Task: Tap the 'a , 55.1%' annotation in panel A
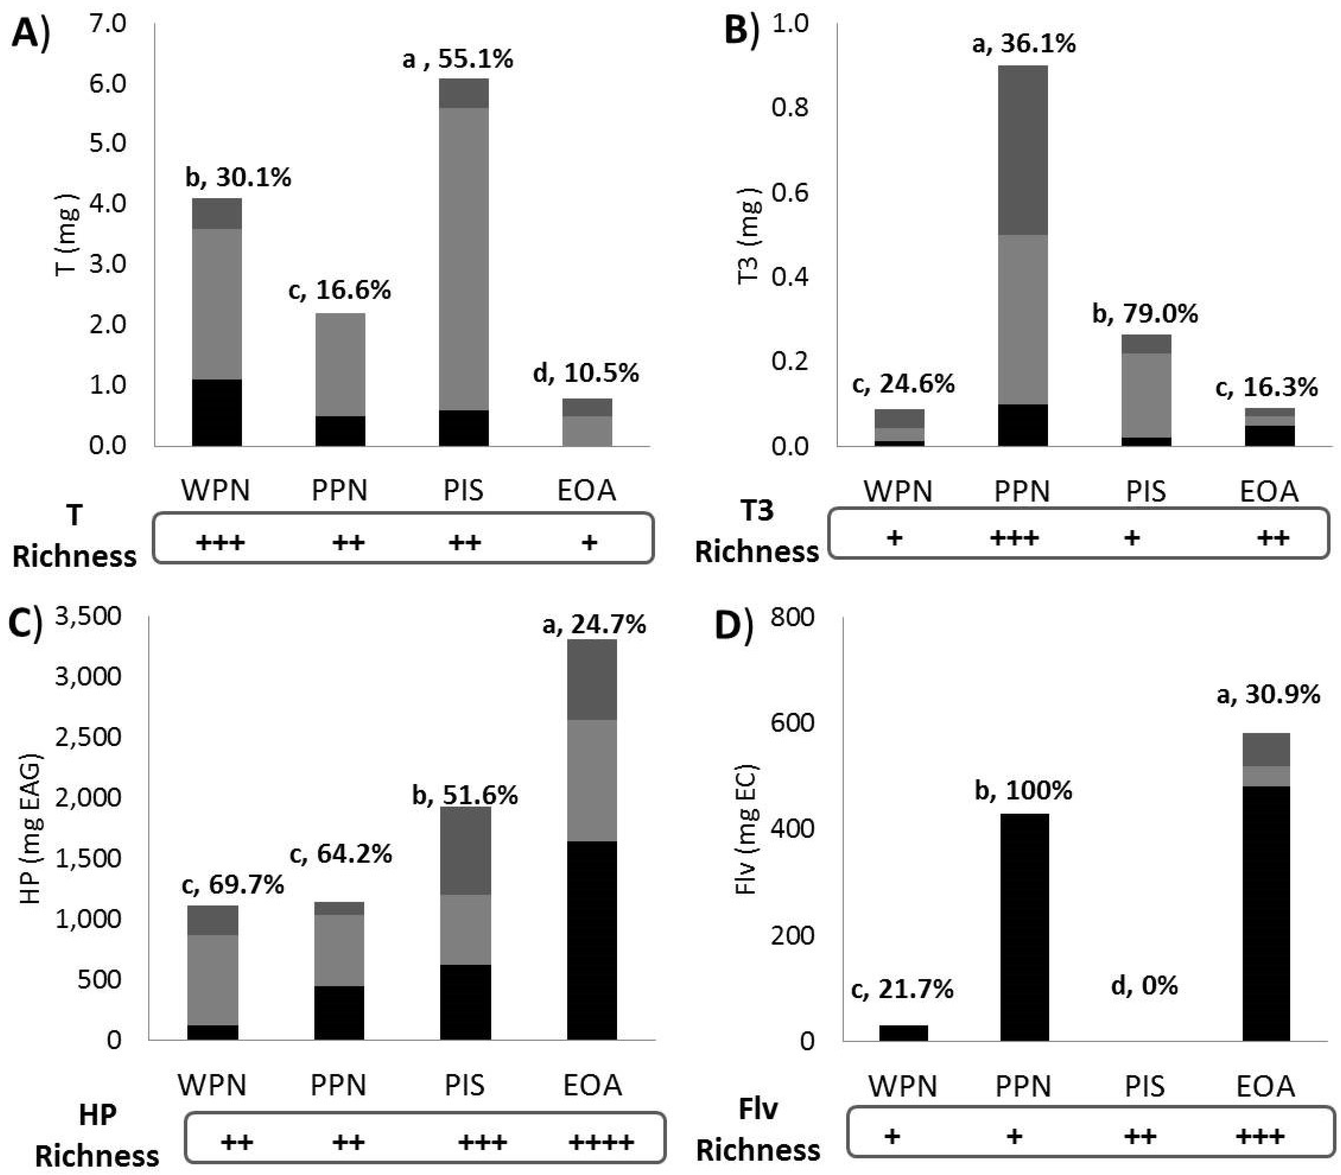click(x=457, y=59)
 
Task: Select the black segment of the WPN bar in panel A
click(x=216, y=413)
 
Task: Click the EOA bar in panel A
click(x=587, y=423)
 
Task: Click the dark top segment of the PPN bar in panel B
click(x=1022, y=150)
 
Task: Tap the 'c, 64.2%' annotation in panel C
click(x=340, y=854)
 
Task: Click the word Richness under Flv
click(x=758, y=1150)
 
